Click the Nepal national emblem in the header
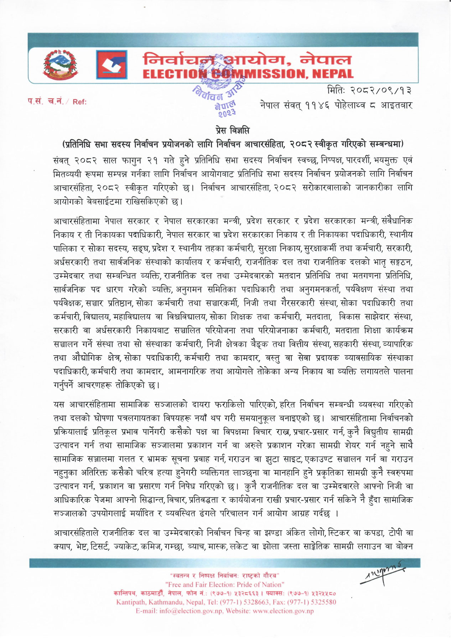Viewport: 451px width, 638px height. pyautogui.click(x=59, y=64)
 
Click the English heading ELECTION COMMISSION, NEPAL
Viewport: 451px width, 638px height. pyautogui.click(x=248, y=74)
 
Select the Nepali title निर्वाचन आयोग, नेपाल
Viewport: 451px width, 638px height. pyautogui.click(x=247, y=59)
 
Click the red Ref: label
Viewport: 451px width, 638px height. pyautogui.click(x=79, y=102)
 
